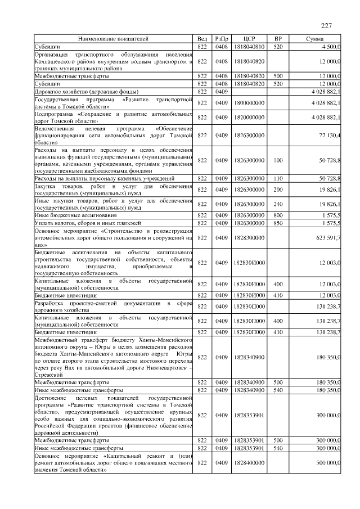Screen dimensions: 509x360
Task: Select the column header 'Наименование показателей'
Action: click(113, 38)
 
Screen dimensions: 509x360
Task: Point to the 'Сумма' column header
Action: click(314, 38)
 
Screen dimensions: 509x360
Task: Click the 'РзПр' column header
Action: click(221, 38)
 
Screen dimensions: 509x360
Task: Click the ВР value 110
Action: click(277, 178)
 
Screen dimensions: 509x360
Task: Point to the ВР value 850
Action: click(277, 223)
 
